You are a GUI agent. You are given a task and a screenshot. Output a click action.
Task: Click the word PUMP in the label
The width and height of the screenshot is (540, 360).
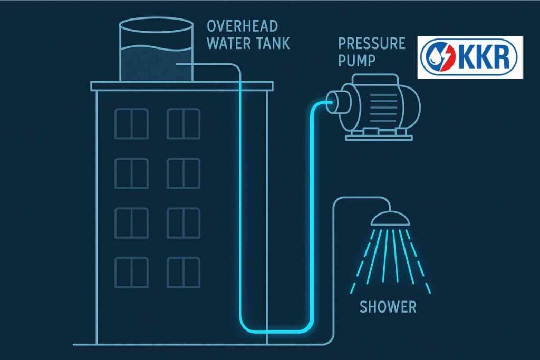point(356,60)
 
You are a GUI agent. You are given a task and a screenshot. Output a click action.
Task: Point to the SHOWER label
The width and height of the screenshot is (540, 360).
point(388,307)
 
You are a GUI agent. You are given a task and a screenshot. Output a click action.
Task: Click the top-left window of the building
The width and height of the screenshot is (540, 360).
point(131,123)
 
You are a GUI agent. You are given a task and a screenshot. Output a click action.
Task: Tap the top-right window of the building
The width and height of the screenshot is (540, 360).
point(183,123)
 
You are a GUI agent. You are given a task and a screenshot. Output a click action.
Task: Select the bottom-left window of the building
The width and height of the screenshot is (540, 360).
point(131,272)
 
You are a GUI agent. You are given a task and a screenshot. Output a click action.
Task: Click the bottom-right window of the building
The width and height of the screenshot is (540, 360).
point(183,272)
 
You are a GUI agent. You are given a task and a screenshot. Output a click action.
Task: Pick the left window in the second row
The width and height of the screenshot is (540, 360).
point(131,173)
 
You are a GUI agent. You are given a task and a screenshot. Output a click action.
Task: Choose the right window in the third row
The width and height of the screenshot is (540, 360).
point(183,222)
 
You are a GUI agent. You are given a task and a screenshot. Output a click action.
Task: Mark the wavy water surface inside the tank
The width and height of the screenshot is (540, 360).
point(156,52)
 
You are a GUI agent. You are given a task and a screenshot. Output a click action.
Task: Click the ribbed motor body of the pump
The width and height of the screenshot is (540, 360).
point(383,102)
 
